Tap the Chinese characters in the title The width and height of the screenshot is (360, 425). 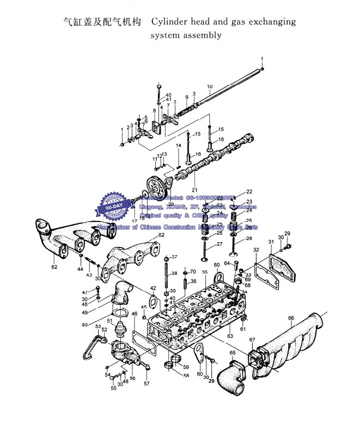[x=102, y=22]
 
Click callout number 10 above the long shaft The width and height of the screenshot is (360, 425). [x=209, y=87]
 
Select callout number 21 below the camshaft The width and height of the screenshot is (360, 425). [x=194, y=190]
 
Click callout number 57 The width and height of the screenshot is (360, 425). [x=147, y=384]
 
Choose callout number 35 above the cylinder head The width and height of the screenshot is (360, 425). [x=204, y=272]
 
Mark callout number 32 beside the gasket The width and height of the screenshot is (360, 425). [x=255, y=249]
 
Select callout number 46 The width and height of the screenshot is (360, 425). [x=135, y=314]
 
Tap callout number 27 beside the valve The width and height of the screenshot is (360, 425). [x=219, y=244]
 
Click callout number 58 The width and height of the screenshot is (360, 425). [x=186, y=375]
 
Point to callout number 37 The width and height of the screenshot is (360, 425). [x=174, y=257]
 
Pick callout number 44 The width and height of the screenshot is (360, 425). [x=80, y=269]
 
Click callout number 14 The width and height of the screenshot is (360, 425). [x=178, y=145]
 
